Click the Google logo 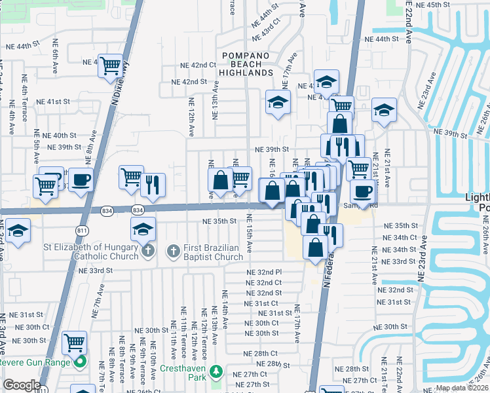(21, 385)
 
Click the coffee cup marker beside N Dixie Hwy (81, 179)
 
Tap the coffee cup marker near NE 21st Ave (362, 191)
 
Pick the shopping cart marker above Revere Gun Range (75, 342)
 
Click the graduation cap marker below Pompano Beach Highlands (278, 103)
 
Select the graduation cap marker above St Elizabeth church (143, 229)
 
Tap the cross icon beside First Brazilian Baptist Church (174, 250)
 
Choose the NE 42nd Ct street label (200, 65)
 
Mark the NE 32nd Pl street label (264, 272)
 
